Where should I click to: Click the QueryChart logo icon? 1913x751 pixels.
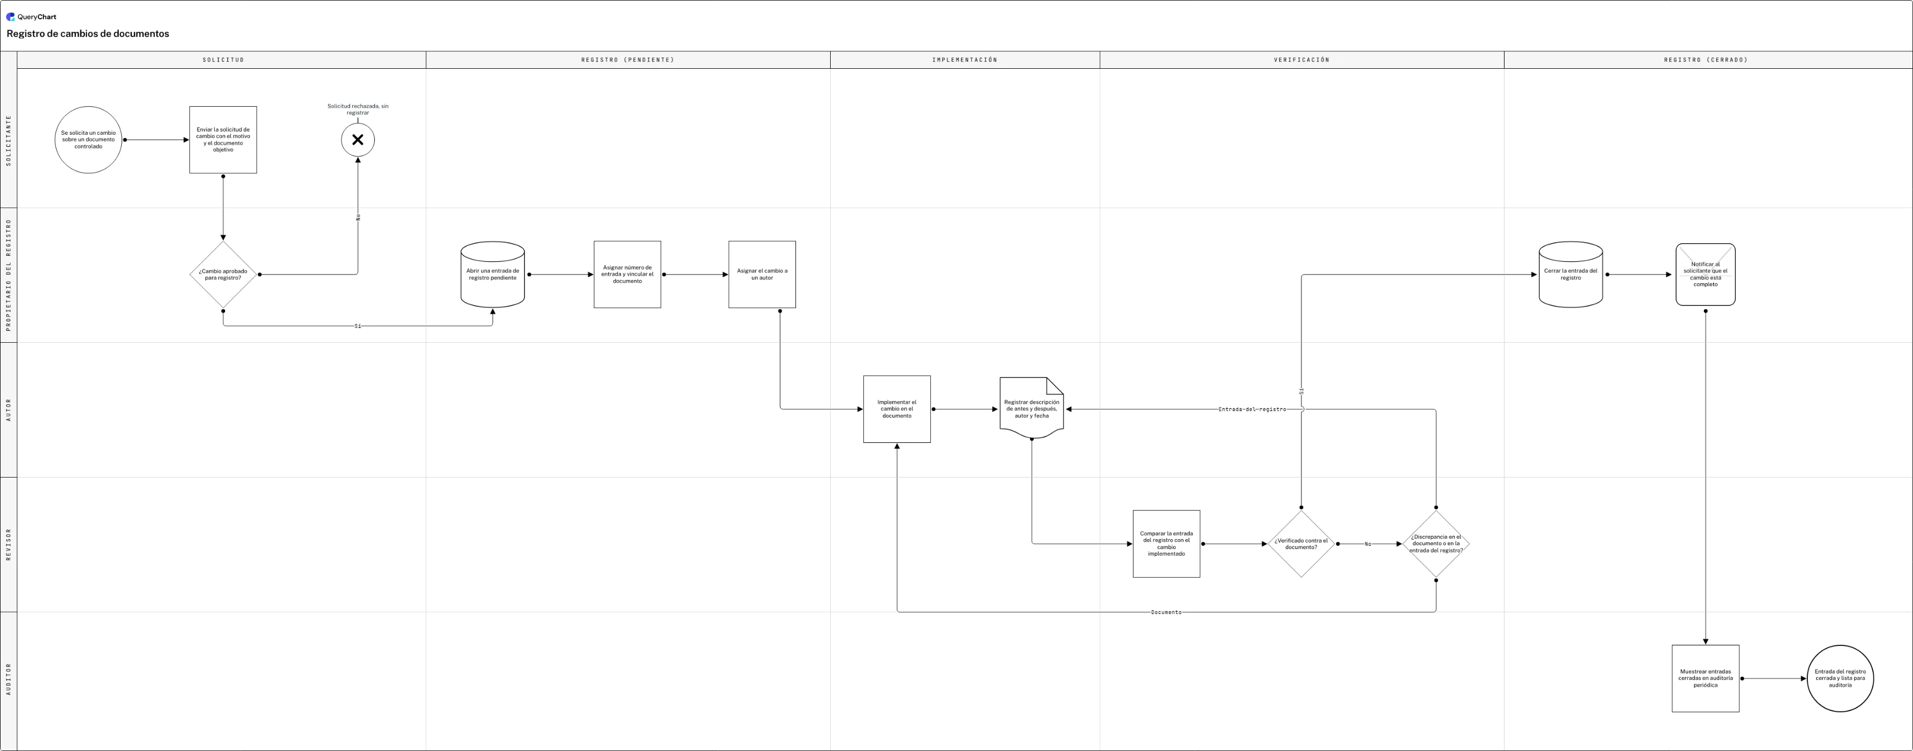10,17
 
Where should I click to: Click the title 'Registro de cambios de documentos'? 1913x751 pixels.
88,34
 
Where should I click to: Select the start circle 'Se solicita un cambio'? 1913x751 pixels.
89,140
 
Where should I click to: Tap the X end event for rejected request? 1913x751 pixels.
358,140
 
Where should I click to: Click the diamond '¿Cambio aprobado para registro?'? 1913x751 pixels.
223,275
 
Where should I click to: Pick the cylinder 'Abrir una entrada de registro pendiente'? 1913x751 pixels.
492,275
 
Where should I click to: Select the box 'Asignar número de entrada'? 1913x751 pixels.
628,275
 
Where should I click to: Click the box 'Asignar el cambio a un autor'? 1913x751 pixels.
762,275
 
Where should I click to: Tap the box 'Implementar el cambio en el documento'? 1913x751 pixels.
897,409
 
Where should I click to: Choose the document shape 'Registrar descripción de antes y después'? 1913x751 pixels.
1032,408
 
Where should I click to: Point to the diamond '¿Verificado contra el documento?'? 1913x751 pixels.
1301,544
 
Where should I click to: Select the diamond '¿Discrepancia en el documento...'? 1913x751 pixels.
1436,544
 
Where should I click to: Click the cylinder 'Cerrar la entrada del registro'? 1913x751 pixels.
1571,275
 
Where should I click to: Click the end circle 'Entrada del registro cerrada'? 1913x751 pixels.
1840,678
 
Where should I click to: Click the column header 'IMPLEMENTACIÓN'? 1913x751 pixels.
964,60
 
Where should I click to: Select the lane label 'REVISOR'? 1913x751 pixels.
9,544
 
